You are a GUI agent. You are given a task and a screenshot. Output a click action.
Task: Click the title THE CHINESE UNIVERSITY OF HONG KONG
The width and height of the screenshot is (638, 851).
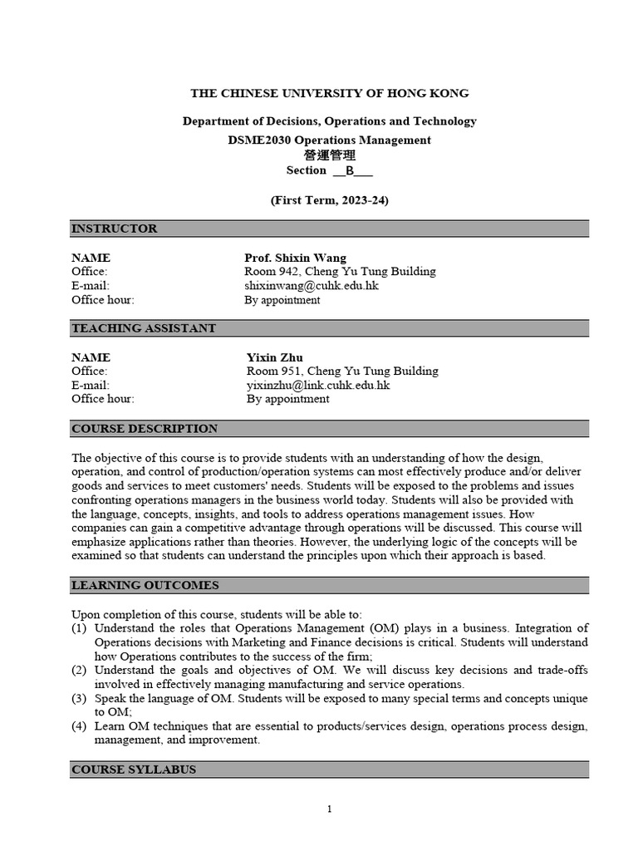point(330,93)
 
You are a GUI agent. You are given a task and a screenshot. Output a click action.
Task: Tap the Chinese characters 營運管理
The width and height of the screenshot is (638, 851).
point(329,155)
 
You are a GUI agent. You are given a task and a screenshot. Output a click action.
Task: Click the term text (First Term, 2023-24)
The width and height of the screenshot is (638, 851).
point(330,200)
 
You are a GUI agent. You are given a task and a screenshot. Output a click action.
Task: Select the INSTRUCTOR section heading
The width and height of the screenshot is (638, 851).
point(114,229)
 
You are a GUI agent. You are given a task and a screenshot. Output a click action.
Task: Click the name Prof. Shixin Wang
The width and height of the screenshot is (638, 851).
point(295,258)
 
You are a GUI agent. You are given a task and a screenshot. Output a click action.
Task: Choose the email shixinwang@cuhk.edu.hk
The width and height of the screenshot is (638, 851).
point(312,286)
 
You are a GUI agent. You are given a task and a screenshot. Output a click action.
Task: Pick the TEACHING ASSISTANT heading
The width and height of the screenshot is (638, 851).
point(143,328)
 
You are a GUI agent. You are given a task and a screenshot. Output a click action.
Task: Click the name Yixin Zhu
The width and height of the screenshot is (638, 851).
point(275,357)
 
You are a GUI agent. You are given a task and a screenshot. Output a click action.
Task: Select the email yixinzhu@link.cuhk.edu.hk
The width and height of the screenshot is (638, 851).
point(318,386)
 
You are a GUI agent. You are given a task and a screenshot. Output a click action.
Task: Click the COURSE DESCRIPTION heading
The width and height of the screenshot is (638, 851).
point(145,429)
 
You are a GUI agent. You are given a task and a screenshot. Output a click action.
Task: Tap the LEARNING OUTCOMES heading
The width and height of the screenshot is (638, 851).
point(145,585)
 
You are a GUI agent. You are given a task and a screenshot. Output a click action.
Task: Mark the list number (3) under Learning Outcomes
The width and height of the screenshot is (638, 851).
point(79,699)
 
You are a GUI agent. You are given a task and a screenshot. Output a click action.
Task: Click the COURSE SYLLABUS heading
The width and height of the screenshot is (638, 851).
point(134,770)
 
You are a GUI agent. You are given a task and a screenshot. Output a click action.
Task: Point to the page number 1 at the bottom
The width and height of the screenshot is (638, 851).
point(330,809)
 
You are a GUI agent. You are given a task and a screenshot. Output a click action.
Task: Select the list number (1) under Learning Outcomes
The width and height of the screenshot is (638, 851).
point(79,628)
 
